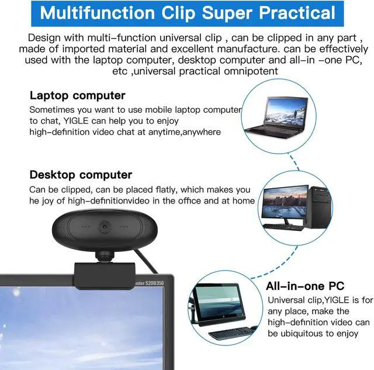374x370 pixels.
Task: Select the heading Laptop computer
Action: pyautogui.click(x=77, y=95)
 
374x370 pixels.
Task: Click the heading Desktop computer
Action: pyautogui.click(x=81, y=175)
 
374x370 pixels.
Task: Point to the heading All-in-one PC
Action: pyautogui.click(x=313, y=286)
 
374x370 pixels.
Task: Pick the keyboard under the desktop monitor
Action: pyautogui.click(x=283, y=227)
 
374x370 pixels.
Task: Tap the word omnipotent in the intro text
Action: pyautogui.click(x=241, y=71)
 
